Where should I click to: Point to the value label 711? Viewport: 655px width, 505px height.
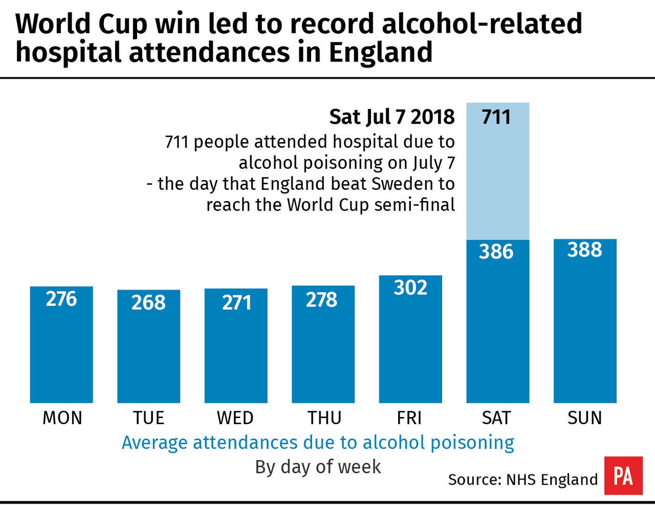pyautogui.click(x=496, y=117)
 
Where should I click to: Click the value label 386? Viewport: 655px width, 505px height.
pyautogui.click(x=496, y=251)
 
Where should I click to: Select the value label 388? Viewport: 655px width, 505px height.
pyautogui.click(x=585, y=250)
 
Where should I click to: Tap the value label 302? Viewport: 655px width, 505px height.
pyautogui.click(x=410, y=288)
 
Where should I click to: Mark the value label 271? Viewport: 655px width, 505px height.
pyautogui.click(x=236, y=302)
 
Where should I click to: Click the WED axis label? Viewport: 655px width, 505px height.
pyautogui.click(x=235, y=418)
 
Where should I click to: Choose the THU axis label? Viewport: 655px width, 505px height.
pyautogui.click(x=324, y=418)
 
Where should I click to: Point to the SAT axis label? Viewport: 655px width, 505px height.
pyautogui.click(x=496, y=418)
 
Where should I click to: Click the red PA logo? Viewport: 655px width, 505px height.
pyautogui.click(x=623, y=476)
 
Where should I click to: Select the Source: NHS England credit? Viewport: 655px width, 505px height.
pyautogui.click(x=522, y=479)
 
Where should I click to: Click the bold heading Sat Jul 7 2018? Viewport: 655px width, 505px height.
pyautogui.click(x=391, y=117)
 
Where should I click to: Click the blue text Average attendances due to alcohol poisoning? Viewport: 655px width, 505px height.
pyautogui.click(x=318, y=443)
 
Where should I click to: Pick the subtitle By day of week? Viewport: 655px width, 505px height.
pyautogui.click(x=318, y=467)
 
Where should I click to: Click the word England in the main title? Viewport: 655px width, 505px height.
pyautogui.click(x=381, y=52)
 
